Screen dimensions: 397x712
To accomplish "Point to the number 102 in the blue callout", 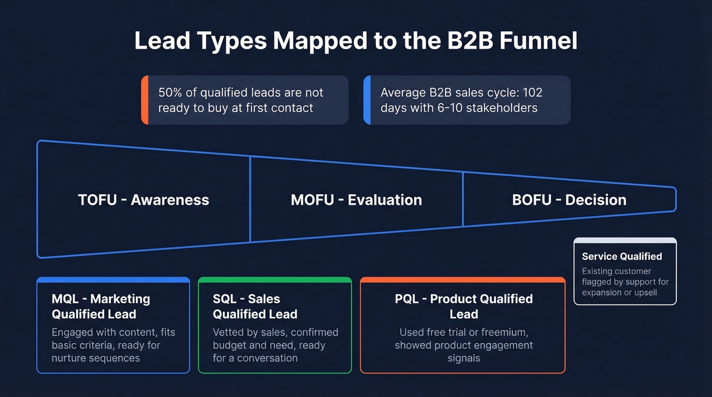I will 532,93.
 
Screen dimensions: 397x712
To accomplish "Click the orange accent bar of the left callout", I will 144,100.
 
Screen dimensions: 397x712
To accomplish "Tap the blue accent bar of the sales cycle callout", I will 367,100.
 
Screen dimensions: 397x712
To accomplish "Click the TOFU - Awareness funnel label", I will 143,200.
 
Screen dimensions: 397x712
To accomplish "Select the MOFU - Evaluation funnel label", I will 356,200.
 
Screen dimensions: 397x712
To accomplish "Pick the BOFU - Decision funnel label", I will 569,200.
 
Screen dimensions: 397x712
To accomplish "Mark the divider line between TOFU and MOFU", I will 250,199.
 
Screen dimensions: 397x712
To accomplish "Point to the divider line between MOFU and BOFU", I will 463,199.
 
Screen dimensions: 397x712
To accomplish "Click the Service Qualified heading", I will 621,257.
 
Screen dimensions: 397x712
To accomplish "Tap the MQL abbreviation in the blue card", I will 67,299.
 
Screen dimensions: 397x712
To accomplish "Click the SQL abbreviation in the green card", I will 226,299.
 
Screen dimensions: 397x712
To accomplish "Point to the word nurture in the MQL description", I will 70,358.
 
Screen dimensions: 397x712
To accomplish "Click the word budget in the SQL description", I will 230,345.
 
